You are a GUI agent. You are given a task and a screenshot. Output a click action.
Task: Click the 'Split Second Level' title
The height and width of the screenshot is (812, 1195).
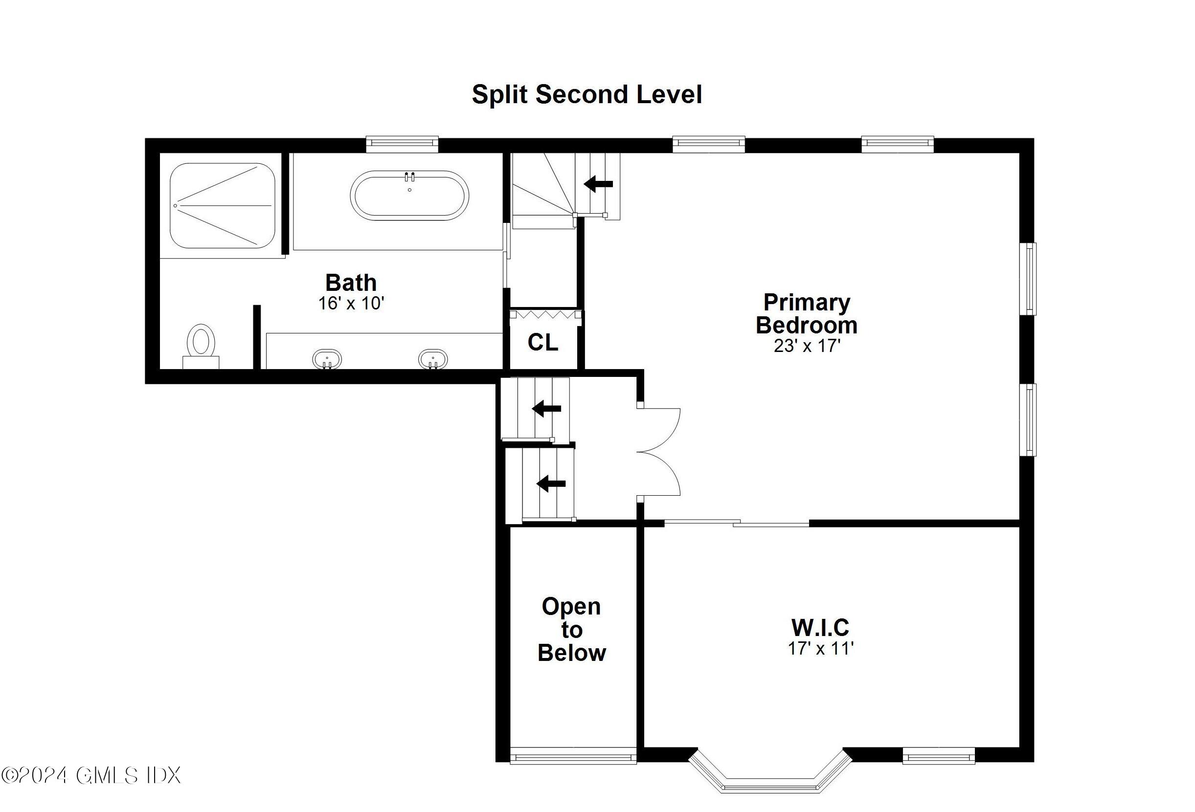coord(586,94)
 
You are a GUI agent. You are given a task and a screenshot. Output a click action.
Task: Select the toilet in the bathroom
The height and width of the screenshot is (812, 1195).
coord(201,342)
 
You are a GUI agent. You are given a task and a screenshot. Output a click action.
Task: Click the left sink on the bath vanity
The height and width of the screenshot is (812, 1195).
coord(327,359)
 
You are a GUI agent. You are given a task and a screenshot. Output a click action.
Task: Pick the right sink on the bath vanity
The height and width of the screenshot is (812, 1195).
coord(432,359)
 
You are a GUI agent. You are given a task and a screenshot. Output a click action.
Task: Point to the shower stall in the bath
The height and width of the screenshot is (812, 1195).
coord(222,206)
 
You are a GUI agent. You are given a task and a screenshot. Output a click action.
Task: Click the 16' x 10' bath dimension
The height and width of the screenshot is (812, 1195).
coord(351,303)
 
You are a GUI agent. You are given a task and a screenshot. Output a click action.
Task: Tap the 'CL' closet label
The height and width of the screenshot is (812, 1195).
coord(542,342)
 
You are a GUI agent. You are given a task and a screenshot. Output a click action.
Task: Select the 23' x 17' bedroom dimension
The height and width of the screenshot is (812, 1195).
coord(806,346)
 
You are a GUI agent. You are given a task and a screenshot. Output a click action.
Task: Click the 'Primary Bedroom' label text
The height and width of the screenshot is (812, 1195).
coord(806,313)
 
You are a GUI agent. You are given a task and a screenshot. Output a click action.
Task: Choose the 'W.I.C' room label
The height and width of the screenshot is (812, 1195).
coord(820,627)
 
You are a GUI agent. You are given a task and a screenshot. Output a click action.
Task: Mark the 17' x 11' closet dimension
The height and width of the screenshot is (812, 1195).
coord(820,649)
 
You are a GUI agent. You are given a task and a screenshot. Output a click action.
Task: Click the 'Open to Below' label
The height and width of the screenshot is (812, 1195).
coord(571,630)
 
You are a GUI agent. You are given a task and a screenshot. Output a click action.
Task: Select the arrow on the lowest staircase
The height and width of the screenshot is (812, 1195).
coord(551,483)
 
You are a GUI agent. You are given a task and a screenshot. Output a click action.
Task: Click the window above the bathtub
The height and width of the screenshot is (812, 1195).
coord(402,144)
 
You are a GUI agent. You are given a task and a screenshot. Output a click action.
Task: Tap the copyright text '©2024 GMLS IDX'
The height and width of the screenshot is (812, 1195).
coord(91,775)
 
